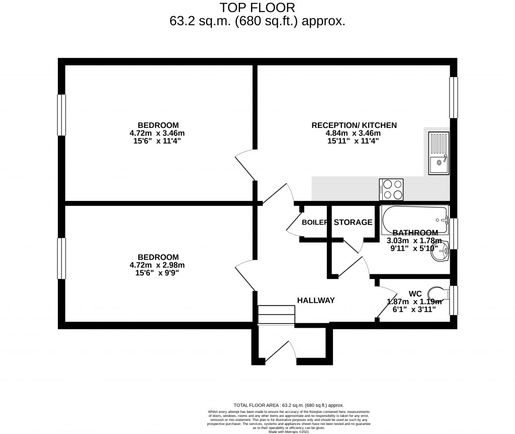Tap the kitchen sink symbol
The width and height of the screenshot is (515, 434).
tap(439, 152)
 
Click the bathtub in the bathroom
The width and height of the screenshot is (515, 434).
tap(414, 218)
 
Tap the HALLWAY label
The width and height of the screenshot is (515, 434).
tap(316, 301)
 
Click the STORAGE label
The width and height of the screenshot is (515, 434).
tap(353, 222)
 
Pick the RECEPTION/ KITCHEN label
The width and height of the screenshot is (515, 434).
tap(354, 125)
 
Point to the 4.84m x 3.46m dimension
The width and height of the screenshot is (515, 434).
tap(354, 133)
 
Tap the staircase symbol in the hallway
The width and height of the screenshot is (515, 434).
tap(276, 315)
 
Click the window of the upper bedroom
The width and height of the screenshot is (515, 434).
tap(61, 115)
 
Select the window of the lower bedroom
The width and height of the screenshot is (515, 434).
tap(61, 259)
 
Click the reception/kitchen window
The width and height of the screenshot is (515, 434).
tap(454, 98)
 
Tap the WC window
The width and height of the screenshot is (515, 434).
tap(454, 301)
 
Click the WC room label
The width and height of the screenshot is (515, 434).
tap(414, 293)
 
